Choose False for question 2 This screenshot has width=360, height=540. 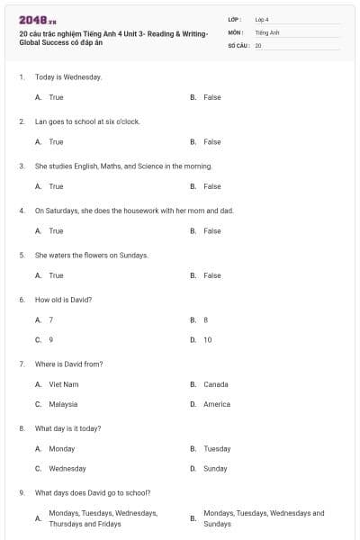click(x=211, y=142)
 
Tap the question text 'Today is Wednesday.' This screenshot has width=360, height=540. click(x=68, y=77)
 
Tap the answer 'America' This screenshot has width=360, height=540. click(x=217, y=404)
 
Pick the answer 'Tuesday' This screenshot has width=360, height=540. click(x=217, y=448)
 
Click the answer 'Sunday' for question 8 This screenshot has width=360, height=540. click(x=215, y=469)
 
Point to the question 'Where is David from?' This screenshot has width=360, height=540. click(x=68, y=364)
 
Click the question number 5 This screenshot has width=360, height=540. click(x=22, y=256)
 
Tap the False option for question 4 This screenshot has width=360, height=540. click(x=211, y=231)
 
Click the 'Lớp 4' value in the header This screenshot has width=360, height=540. click(x=262, y=19)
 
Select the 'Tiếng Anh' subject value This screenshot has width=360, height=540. click(x=267, y=31)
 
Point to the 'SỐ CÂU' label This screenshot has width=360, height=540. click(x=238, y=45)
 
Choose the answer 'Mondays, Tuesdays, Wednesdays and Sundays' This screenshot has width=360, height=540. click(x=264, y=518)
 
